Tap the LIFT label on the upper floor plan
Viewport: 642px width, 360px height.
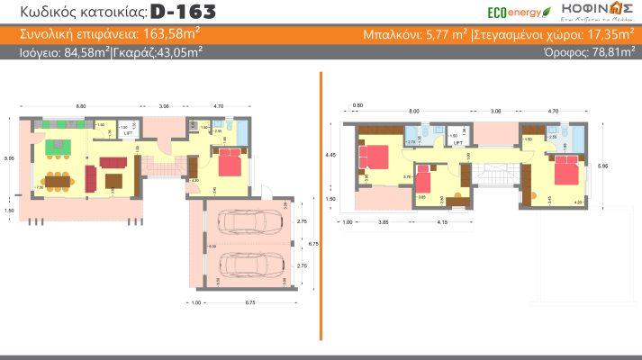[457, 142]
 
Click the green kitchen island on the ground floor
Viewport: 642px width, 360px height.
[59, 144]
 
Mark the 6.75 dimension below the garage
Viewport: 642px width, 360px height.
[246, 302]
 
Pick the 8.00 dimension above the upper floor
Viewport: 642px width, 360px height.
[414, 112]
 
